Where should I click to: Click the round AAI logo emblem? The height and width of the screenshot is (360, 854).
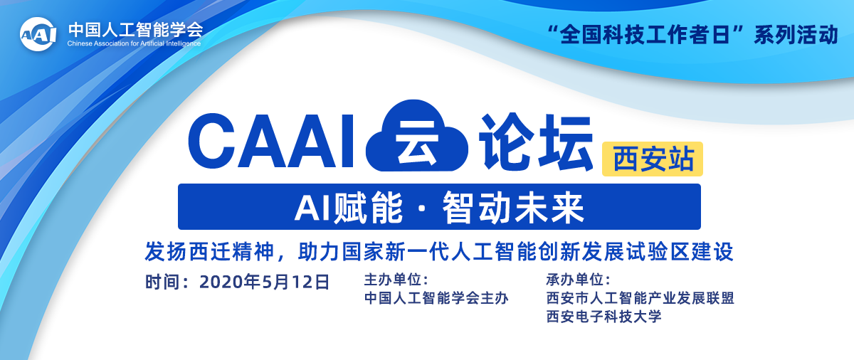pos(38,34)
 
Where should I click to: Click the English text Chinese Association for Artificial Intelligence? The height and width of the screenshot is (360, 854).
pos(134,43)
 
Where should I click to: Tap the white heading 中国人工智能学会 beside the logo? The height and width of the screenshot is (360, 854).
pos(136,29)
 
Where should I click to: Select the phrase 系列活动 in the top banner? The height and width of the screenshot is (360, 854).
pos(796,35)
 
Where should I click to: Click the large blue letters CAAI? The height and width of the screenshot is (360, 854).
pos(271,141)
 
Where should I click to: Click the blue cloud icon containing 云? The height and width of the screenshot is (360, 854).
pos(417,136)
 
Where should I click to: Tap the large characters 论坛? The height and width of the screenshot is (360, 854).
pos(535,142)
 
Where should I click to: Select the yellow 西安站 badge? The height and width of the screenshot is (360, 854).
pos(653,159)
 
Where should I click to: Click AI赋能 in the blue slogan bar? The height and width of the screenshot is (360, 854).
pos(349,208)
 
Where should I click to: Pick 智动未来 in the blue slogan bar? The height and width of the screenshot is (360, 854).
pos(513,208)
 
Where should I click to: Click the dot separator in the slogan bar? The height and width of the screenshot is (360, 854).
pos(423,208)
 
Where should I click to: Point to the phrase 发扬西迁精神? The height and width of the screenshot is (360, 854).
pos(209,251)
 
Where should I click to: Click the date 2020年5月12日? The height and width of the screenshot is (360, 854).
pos(264,282)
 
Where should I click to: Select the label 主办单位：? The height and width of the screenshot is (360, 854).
pos(396,280)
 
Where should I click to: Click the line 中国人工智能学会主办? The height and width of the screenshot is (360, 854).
pos(436,298)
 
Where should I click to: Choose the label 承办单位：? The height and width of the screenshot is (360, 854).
pos(579,280)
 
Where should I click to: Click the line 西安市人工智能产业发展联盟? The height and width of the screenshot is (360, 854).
pos(640,298)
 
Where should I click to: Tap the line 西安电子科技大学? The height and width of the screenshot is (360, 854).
pos(603,317)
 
